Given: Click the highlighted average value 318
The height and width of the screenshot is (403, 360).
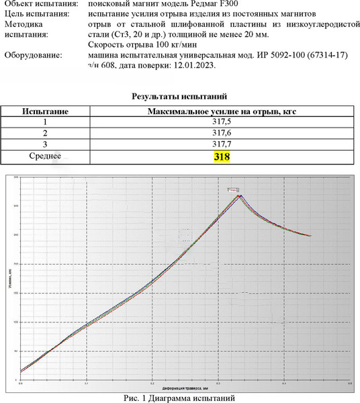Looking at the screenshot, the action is point(222,156).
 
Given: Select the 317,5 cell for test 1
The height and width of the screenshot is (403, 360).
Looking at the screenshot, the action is point(222,122).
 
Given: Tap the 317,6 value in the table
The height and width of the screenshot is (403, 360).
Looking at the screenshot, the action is point(222,133).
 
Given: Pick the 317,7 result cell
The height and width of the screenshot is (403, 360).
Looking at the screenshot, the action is point(222,144).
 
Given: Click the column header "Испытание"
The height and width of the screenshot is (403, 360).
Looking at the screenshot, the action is point(45,111).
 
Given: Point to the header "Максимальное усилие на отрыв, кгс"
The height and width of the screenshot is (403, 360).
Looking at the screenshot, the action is point(222,111).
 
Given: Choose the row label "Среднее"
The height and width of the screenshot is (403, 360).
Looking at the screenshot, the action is point(45,156).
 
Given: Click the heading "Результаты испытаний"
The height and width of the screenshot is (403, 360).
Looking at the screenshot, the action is point(179,97).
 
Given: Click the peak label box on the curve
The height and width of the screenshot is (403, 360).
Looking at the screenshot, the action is point(233,191).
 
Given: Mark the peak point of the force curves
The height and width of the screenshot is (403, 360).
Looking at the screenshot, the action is point(240,195).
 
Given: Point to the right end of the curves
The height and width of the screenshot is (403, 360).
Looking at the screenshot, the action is point(310,236).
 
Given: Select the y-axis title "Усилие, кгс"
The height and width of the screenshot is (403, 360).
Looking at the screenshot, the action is point(10,279).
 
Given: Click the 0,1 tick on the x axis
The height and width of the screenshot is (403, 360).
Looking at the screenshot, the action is point(87,385).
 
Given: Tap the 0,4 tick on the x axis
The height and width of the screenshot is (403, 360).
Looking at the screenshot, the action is point(284,385).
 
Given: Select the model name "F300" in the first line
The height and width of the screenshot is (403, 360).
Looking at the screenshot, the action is point(238,4).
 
